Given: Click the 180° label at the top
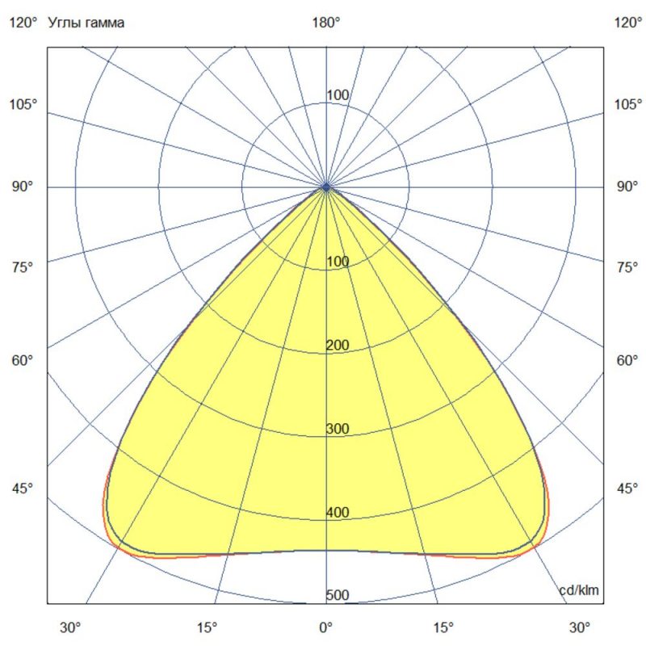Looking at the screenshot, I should point(325,23).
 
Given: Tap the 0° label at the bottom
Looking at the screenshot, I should point(325,627).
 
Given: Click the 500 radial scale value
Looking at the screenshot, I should point(338,596).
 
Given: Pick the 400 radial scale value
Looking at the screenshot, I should point(338,512).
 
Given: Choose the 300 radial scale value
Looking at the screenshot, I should point(338,428).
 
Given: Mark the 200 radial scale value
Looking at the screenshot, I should point(338,346).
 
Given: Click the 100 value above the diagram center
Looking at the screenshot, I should point(338,95).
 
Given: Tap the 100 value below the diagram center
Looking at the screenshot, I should point(338,262).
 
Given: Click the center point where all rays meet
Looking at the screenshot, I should point(326,187).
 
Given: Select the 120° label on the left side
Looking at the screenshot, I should point(23,23).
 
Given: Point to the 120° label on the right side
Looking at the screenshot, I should point(627,23).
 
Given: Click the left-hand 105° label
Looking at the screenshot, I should point(23,104).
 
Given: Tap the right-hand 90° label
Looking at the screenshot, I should point(627,187).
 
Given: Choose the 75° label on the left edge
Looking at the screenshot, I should point(23,267).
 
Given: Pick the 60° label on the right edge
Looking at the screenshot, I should point(627,360).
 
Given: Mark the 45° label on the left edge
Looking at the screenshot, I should point(23,489).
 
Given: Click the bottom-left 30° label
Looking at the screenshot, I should point(71,627).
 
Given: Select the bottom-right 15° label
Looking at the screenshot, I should point(443,627).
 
